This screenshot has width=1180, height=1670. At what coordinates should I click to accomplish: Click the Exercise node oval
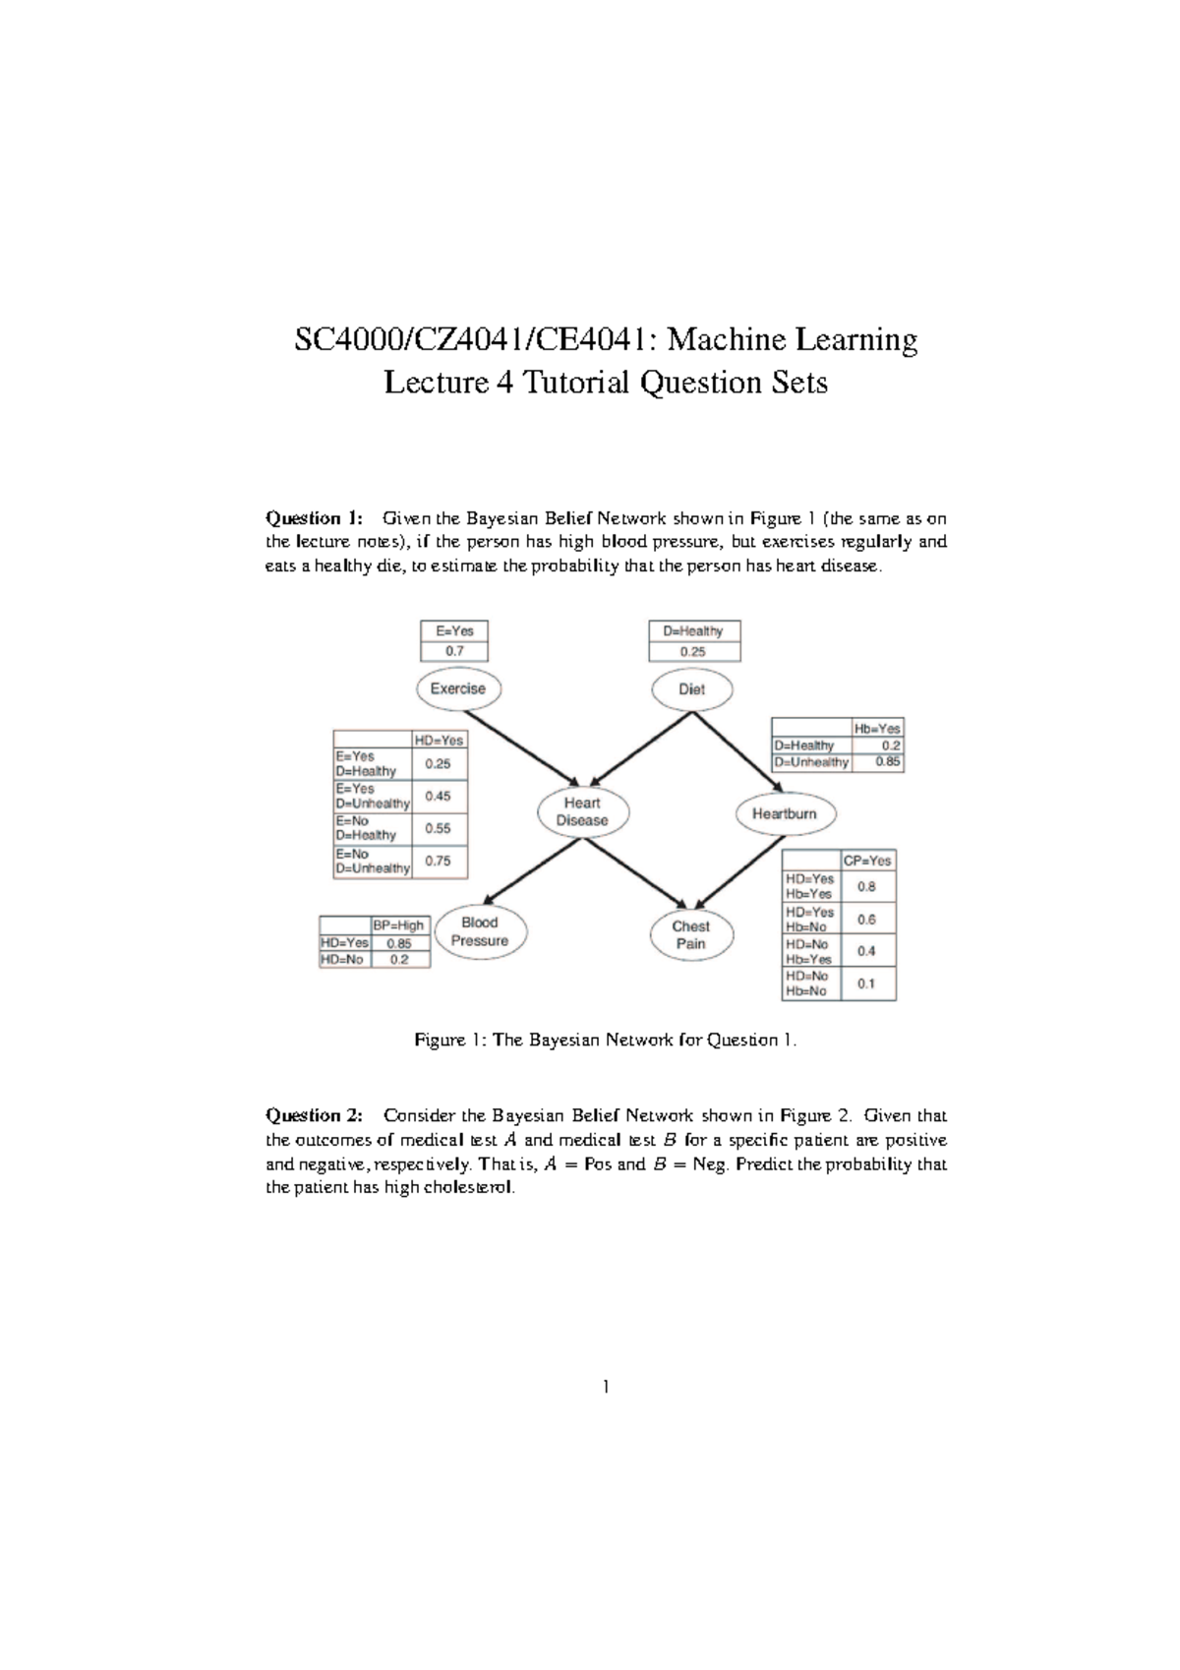point(458,688)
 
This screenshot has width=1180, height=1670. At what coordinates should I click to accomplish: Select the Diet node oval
point(692,689)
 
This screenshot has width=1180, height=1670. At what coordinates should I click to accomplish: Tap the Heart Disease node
point(582,811)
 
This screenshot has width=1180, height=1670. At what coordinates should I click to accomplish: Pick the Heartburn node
point(785,813)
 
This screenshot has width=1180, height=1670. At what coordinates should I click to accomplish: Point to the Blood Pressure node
point(480,931)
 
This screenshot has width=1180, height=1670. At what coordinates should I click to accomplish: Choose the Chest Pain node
point(691,934)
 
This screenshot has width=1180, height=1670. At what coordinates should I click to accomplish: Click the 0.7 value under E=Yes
point(454,651)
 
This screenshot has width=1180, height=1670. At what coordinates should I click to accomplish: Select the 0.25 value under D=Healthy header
point(693,651)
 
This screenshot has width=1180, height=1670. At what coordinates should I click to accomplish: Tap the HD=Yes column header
point(439,740)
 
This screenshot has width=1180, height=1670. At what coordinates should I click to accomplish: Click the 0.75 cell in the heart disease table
point(439,861)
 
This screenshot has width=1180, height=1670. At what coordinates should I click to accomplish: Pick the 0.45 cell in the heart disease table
point(439,796)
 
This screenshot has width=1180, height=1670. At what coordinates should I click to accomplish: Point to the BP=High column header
point(398,925)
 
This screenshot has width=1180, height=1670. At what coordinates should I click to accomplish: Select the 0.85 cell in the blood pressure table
point(398,943)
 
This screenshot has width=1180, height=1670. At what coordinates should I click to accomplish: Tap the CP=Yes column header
point(867,861)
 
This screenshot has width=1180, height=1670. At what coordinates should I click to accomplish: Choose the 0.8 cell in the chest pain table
point(866,886)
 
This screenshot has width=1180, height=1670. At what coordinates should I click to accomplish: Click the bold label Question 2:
point(314,1115)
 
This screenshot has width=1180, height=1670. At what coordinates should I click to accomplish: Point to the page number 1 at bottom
point(606,1387)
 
